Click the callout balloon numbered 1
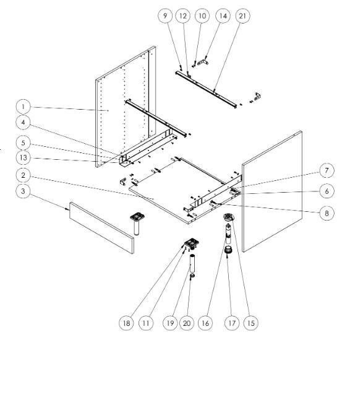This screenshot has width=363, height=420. (x=23, y=107)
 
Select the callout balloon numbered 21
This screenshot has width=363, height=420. (x=242, y=16)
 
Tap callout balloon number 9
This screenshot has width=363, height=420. (x=165, y=16)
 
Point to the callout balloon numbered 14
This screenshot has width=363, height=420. (x=223, y=16)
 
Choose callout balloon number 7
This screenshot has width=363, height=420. (x=327, y=170)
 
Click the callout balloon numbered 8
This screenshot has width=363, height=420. (x=327, y=213)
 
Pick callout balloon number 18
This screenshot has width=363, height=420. (x=126, y=323)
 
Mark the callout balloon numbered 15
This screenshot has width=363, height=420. (x=250, y=323)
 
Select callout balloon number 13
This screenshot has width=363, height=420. (x=23, y=158)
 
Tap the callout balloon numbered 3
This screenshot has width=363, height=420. (x=23, y=191)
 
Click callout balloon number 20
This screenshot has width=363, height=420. (x=187, y=323)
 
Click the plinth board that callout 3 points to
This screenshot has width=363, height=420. (x=101, y=228)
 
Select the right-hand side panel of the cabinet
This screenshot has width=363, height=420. (x=272, y=191)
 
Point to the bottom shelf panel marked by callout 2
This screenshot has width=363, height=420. (x=184, y=191)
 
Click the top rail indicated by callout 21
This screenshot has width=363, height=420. (x=206, y=89)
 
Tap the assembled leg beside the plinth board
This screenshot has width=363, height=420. (x=137, y=224)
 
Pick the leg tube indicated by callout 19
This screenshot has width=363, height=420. (x=192, y=263)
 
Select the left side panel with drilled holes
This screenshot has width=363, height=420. (x=126, y=107)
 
